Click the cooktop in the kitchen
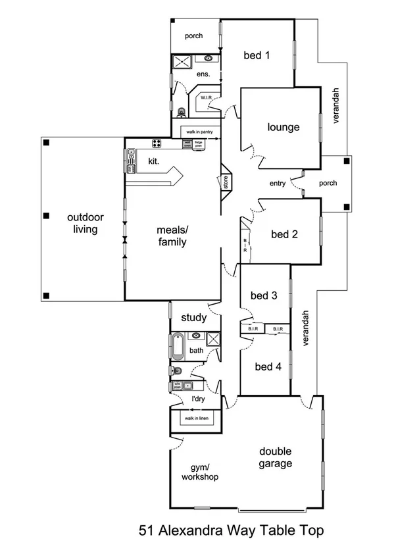tap(158, 143)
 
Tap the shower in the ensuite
tap(181, 63)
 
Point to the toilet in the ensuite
tap(182, 111)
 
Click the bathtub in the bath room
tap(178, 345)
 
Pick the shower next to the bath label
tap(212, 339)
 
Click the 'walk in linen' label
tap(195, 418)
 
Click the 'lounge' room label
tap(283, 128)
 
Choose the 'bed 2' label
tap(285, 234)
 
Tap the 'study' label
tap(194, 317)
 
